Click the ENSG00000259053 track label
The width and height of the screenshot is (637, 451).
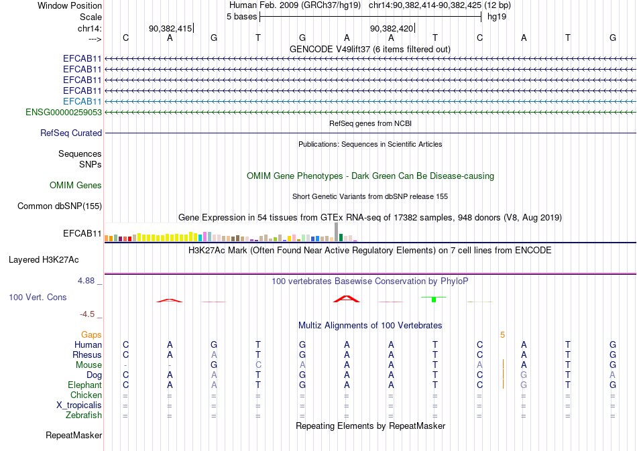click(x=64, y=112)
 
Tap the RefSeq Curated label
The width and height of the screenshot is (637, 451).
click(x=71, y=133)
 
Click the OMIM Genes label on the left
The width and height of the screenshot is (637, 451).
click(x=76, y=186)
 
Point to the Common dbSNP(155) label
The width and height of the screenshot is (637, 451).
click(x=59, y=206)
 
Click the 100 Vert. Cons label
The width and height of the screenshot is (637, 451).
click(x=38, y=297)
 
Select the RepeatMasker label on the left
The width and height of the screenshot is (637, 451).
click(x=74, y=436)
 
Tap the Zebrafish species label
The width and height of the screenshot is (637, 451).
click(x=84, y=415)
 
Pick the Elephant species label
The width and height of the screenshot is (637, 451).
click(x=84, y=385)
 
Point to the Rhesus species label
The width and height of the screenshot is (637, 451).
click(x=87, y=355)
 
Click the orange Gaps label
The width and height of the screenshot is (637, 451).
click(x=91, y=334)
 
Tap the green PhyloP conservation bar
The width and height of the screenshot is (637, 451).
click(x=434, y=300)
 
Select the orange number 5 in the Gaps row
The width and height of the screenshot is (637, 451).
click(x=502, y=334)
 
